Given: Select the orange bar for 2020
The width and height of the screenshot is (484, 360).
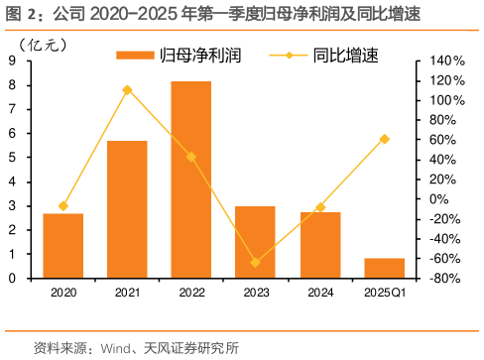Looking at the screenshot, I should tap(62, 246).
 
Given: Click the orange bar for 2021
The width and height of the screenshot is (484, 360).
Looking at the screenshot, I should tap(127, 209).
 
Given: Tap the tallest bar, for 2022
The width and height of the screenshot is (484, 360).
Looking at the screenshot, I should tap(191, 180).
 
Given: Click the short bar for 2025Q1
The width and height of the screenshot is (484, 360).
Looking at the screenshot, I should tap(384, 268).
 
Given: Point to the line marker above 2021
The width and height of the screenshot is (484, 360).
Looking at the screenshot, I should tap(127, 90).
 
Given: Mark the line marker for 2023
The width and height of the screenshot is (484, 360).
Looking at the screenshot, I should tap(255, 263).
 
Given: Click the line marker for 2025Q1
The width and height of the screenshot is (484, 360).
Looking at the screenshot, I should tap(385, 139).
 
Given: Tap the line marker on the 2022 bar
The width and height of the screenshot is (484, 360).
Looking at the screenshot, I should tap(191, 157).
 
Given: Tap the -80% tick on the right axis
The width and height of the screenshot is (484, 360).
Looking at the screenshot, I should tap(442, 278).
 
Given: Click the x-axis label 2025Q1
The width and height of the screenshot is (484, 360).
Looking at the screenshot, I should tap(385, 292).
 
